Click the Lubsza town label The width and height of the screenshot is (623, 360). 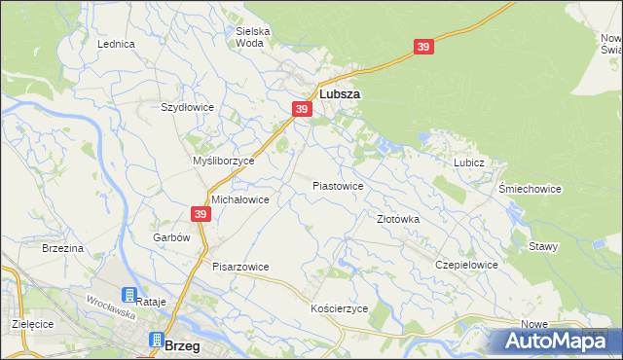pyautogui.click(x=340, y=94)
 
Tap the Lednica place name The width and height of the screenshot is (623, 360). pyautogui.click(x=115, y=45)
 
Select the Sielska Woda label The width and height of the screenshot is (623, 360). pyautogui.click(x=253, y=37)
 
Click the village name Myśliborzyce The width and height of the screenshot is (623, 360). pyautogui.click(x=224, y=161)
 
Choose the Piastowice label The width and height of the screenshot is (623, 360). pyautogui.click(x=338, y=185)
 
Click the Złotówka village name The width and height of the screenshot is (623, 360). pyautogui.click(x=398, y=219)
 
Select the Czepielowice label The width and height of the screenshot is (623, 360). pyautogui.click(x=467, y=265)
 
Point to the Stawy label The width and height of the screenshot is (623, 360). pyautogui.click(x=543, y=246)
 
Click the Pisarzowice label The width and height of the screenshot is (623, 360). pyautogui.click(x=240, y=267)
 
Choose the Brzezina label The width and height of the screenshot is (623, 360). pyautogui.click(x=62, y=248)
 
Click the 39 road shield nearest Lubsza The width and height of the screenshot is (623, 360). pyautogui.click(x=302, y=110)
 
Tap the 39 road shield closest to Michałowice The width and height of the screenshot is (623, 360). pyautogui.click(x=200, y=214)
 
